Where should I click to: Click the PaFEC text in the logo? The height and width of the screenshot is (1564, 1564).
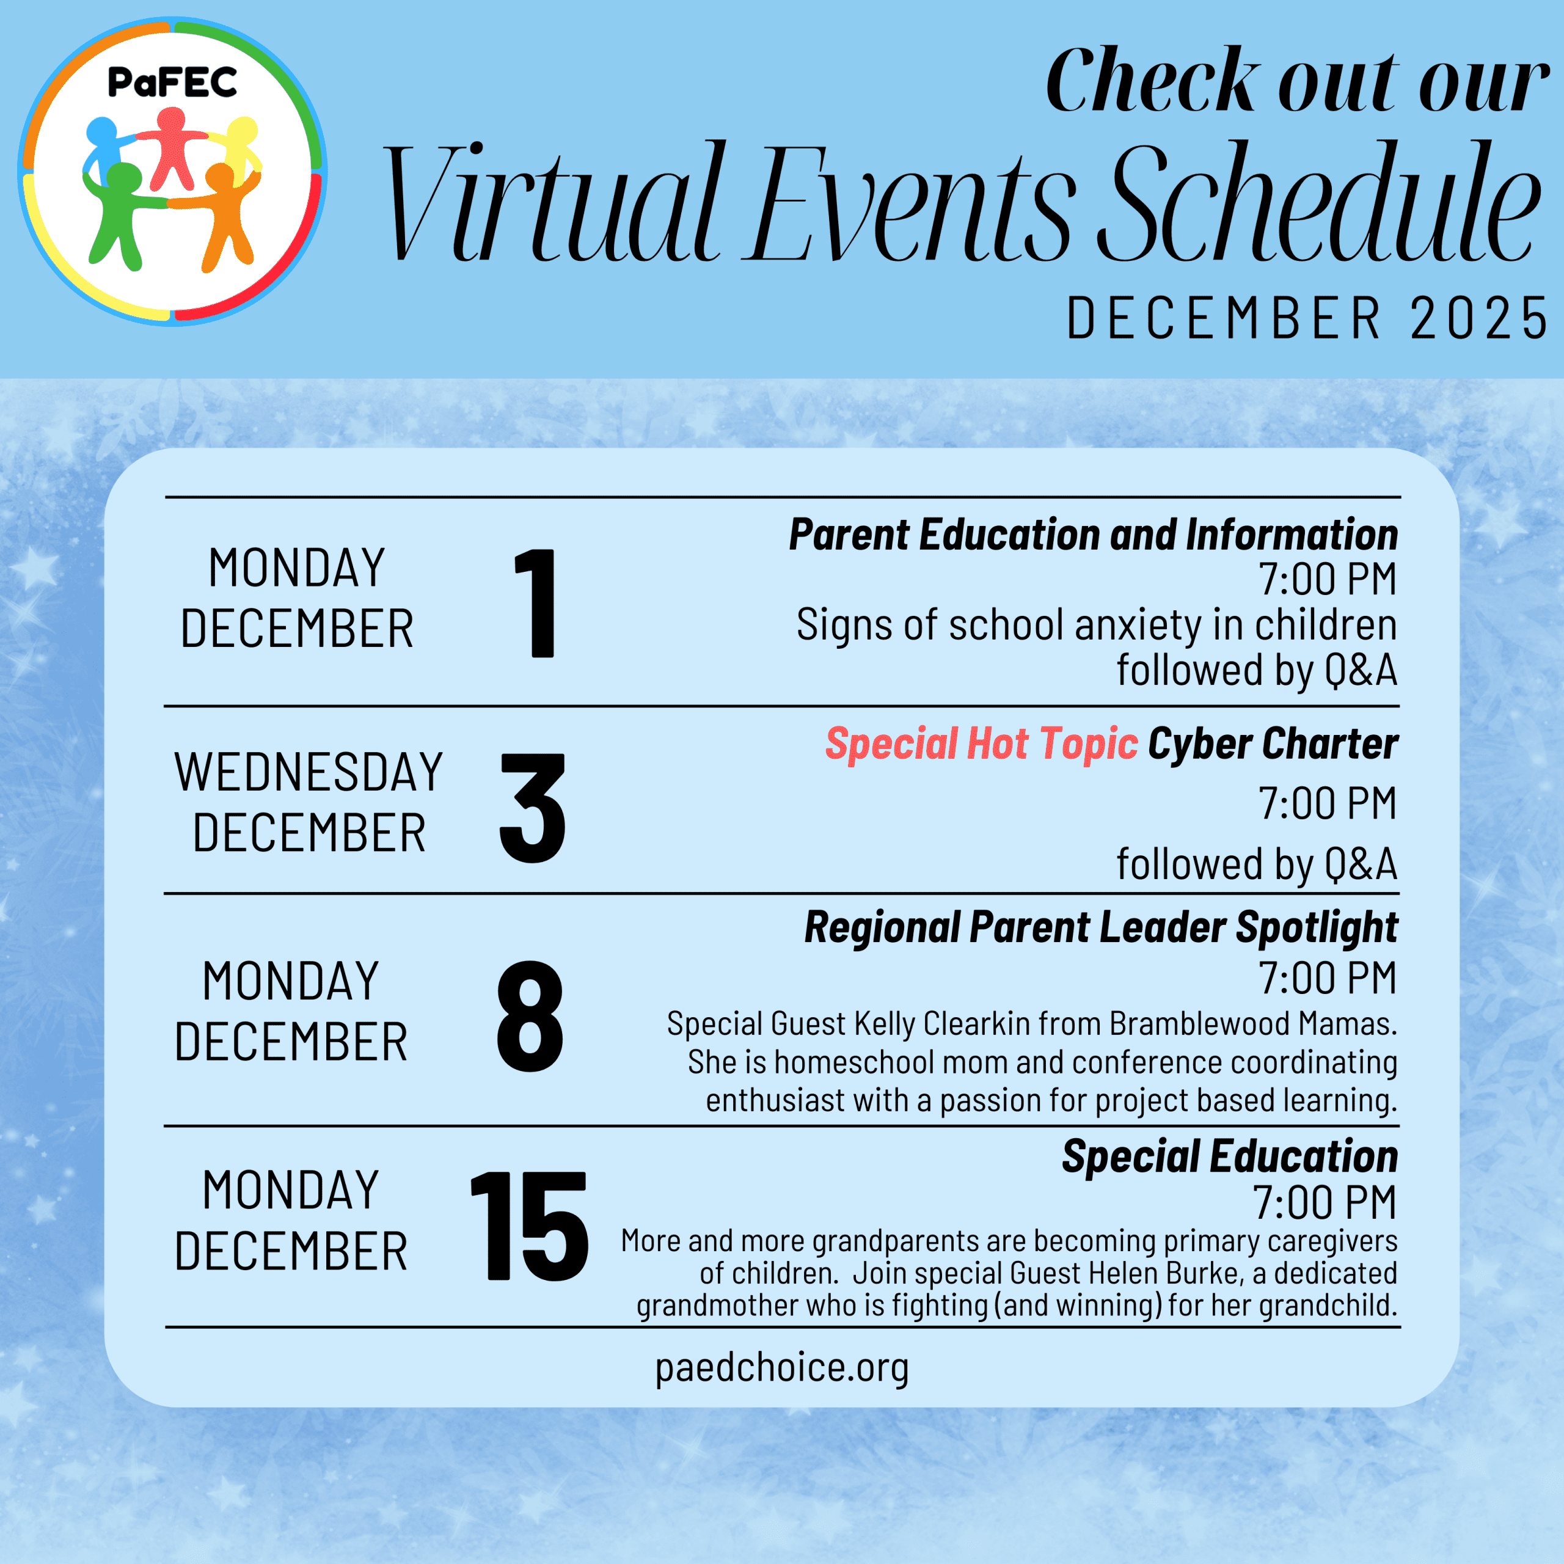click(172, 82)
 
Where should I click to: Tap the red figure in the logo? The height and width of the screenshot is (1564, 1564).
click(172, 150)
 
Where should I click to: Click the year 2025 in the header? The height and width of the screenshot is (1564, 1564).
click(1478, 318)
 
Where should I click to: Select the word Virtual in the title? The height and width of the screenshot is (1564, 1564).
click(550, 202)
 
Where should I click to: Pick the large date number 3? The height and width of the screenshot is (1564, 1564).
click(533, 807)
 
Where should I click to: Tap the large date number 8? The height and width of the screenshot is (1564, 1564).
click(530, 1016)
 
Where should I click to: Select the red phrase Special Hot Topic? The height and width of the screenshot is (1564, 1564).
click(981, 744)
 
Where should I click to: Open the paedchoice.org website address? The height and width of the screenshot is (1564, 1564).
click(782, 1368)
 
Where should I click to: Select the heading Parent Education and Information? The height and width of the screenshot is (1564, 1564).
click(1094, 535)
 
